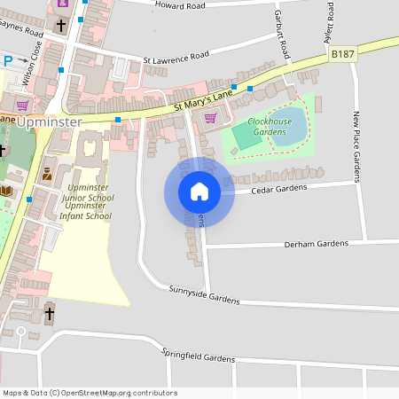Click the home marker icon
[x=199, y=192]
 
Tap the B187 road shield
[x=342, y=55]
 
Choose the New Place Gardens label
[x=357, y=147]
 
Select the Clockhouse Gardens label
[x=270, y=126]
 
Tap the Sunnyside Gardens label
[x=204, y=295]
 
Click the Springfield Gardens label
[x=198, y=354]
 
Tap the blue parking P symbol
[x=8, y=61]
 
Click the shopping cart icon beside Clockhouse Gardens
[x=210, y=117]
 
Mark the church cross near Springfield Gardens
[x=49, y=313]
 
